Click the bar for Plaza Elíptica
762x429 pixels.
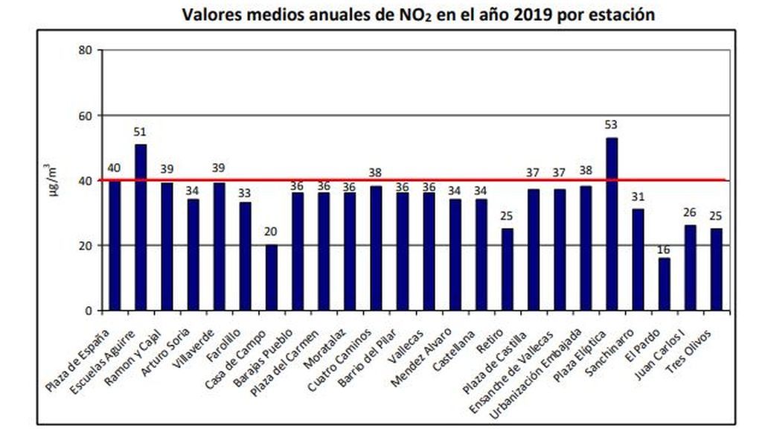(x=612, y=223)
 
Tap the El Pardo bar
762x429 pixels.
(x=664, y=284)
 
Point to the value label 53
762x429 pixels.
(x=612, y=125)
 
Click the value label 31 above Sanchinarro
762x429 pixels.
(x=638, y=197)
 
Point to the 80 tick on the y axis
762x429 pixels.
(x=86, y=51)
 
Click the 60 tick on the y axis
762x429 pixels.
(x=86, y=115)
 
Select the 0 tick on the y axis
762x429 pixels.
(x=89, y=311)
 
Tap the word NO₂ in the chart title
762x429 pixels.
(x=413, y=16)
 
